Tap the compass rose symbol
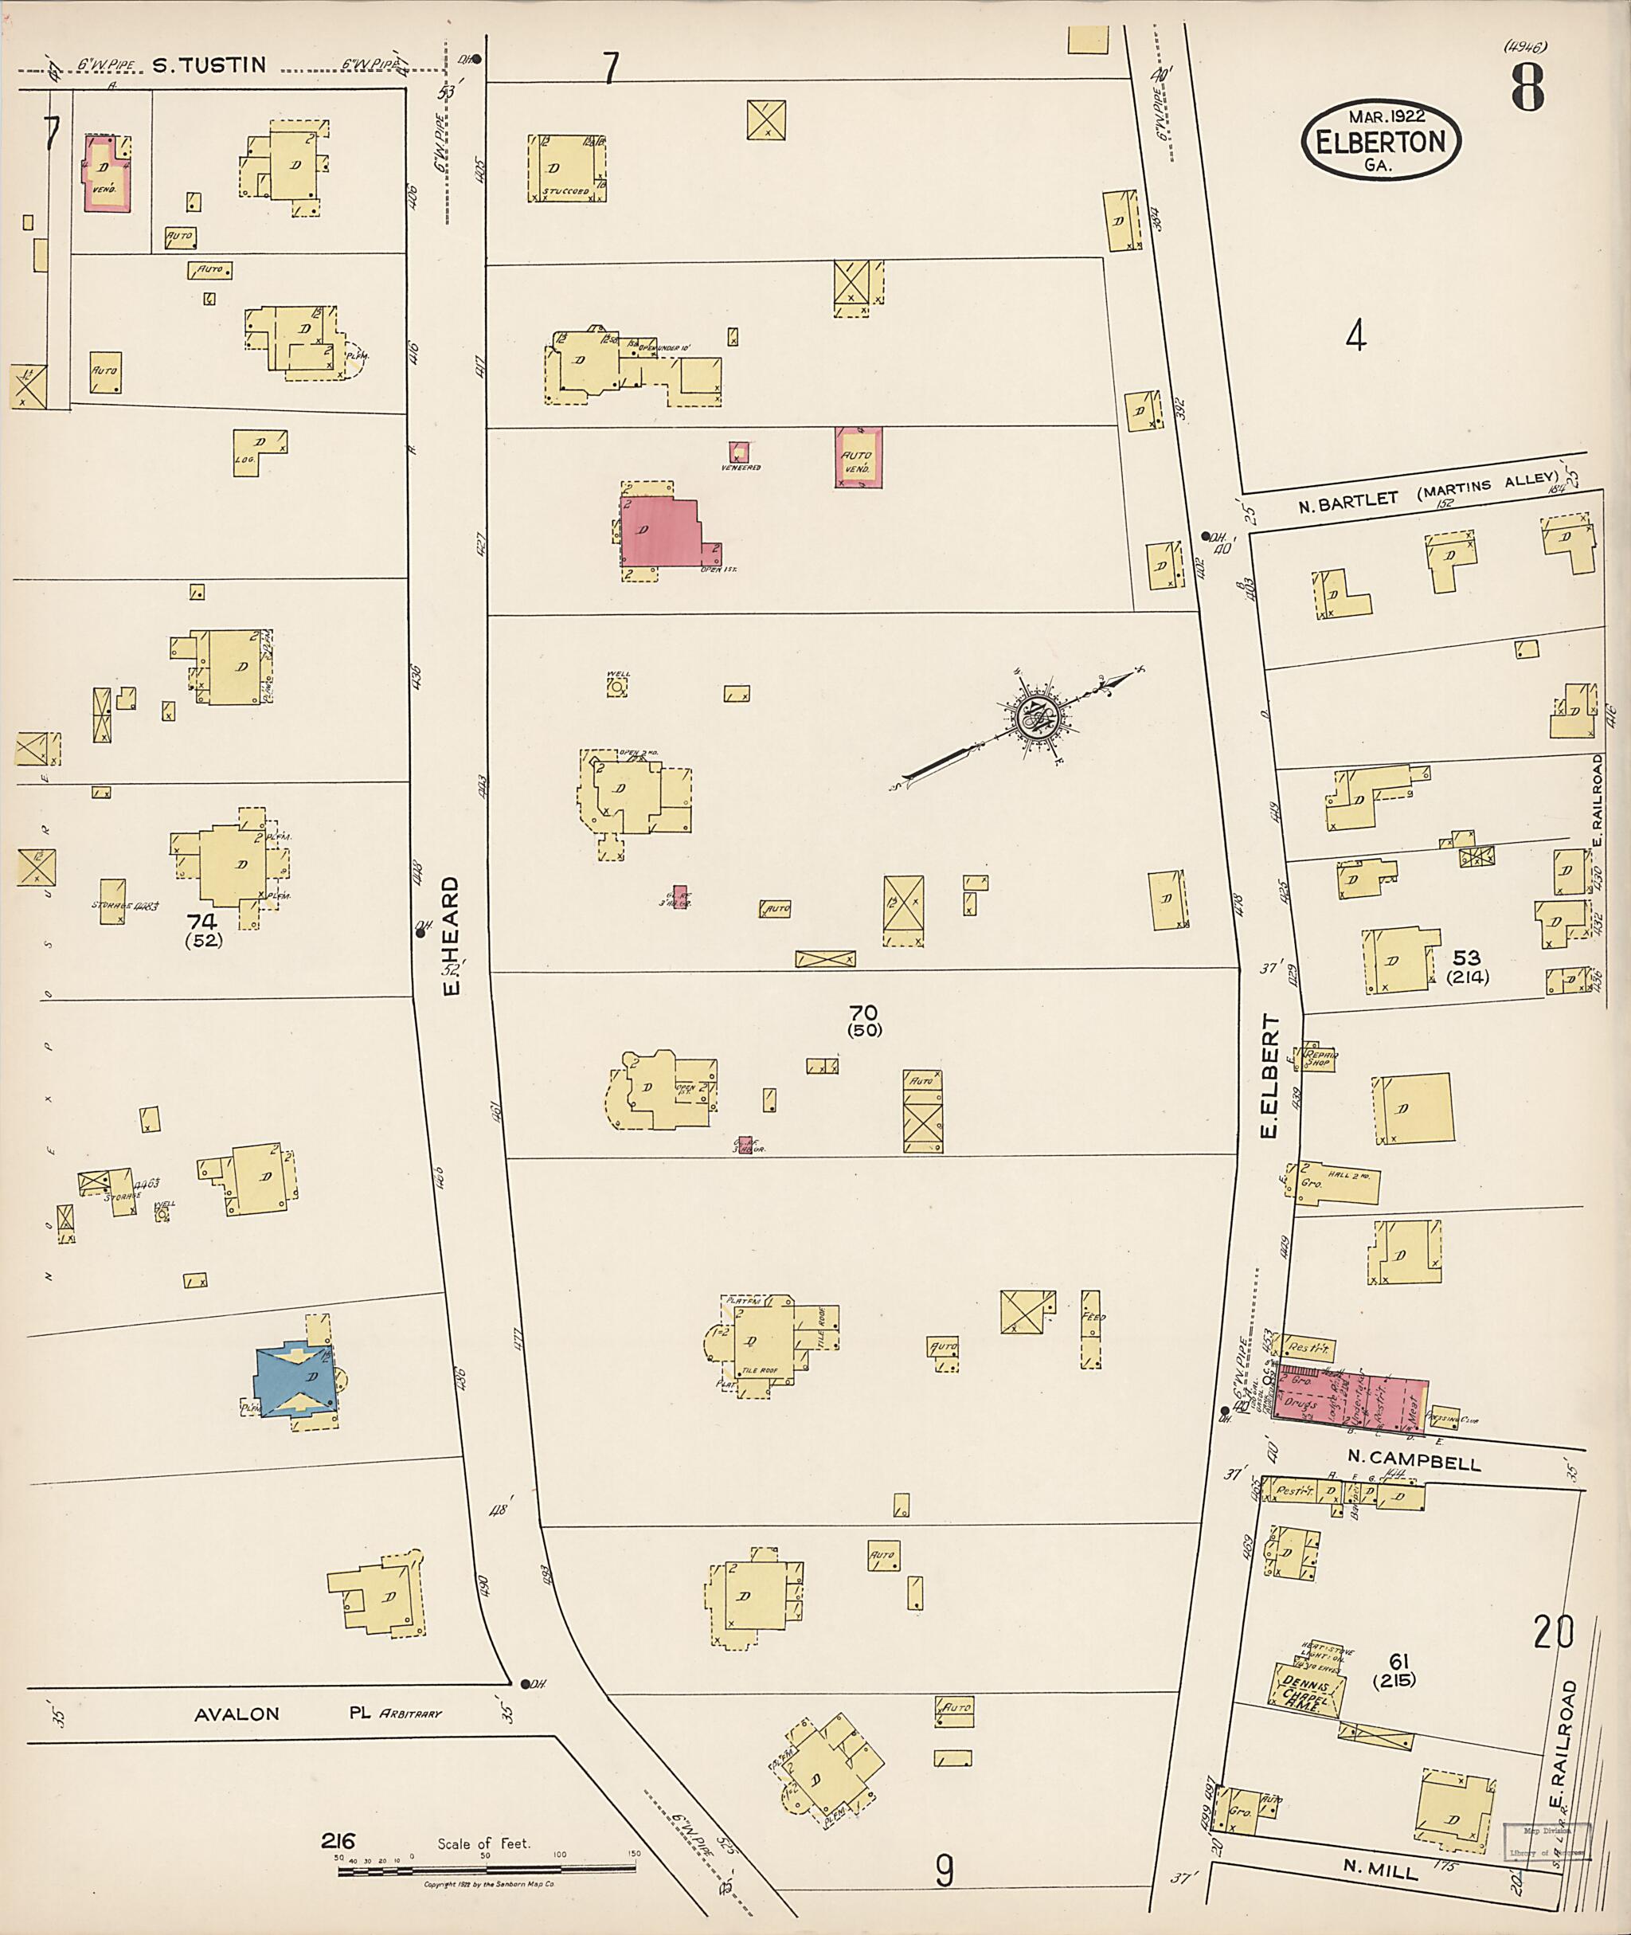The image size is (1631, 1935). [1035, 719]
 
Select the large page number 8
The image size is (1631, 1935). [1527, 88]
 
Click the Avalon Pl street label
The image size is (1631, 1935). [236, 1714]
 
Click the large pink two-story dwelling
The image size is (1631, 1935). [659, 533]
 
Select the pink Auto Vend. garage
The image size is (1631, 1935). [857, 457]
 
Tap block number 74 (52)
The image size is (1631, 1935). [203, 930]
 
